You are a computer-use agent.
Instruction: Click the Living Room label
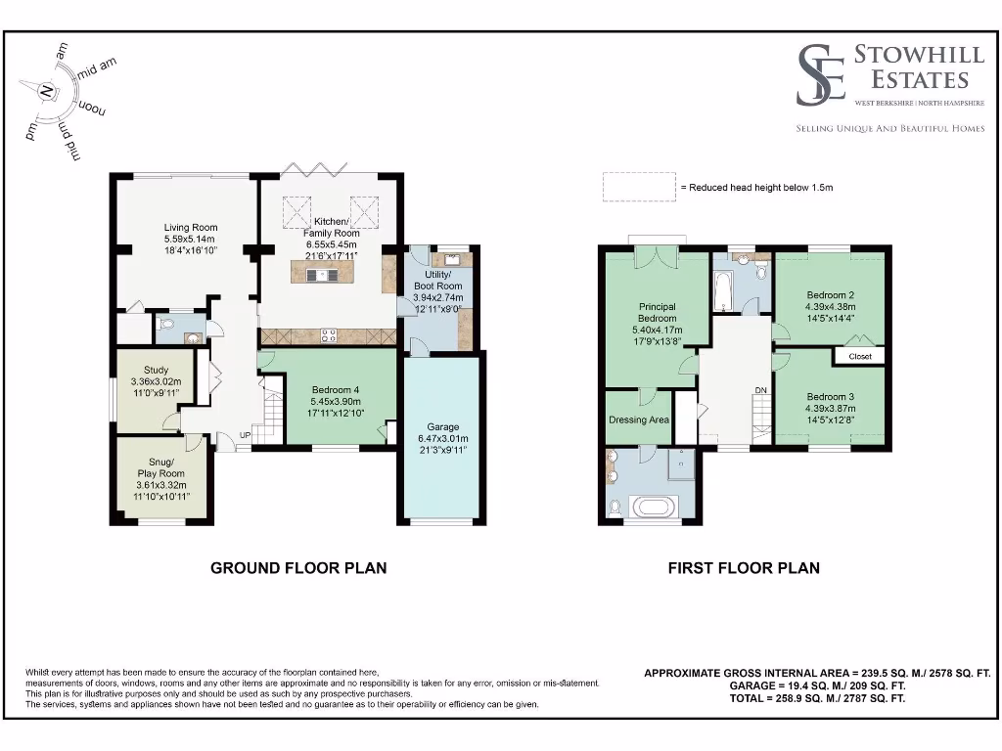click(190, 228)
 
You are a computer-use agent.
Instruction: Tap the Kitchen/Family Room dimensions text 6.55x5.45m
click(328, 244)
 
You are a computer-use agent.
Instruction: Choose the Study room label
click(157, 370)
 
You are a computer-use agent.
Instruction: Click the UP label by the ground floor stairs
click(245, 436)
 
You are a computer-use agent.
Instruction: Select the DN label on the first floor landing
click(760, 391)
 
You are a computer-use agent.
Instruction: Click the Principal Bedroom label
click(657, 312)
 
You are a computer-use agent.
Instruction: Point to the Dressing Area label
click(638, 420)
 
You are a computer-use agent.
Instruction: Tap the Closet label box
click(859, 357)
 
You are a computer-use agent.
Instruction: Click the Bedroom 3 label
click(831, 396)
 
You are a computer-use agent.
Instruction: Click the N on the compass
click(45, 90)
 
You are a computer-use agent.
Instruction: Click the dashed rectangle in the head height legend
click(637, 187)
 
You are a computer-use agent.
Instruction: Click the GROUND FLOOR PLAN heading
click(298, 567)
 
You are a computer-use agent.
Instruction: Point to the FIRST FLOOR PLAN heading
click(744, 567)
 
